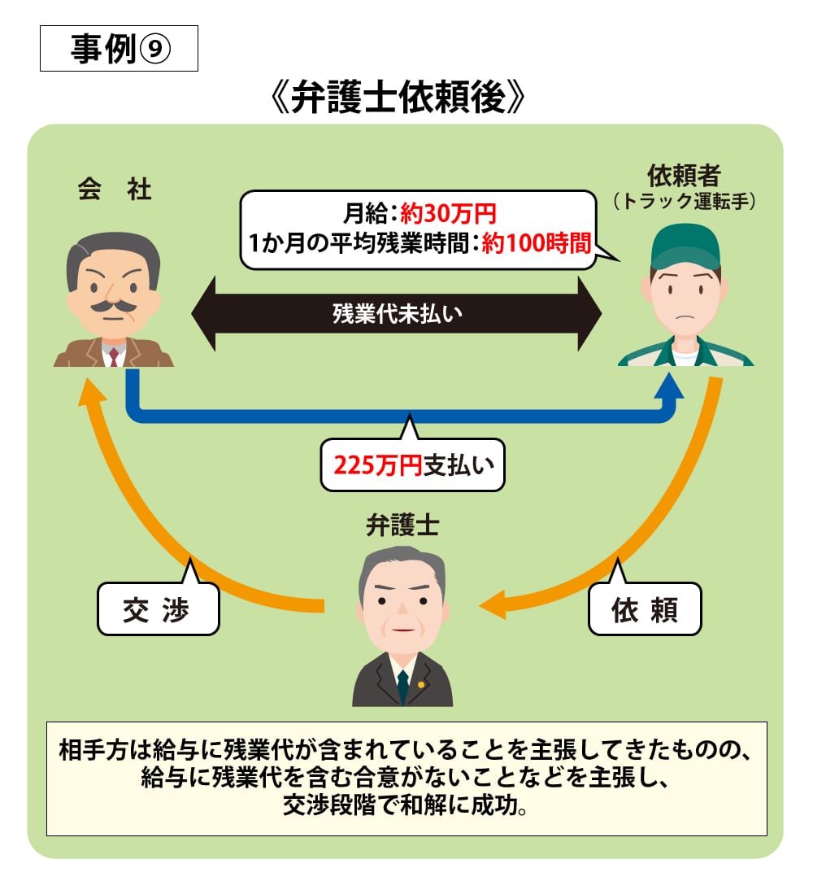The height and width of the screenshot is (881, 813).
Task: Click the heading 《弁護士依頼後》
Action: pyautogui.click(x=398, y=100)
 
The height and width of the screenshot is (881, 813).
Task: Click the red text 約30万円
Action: pyautogui.click(x=448, y=215)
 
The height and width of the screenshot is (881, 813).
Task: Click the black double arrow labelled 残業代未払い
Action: pyautogui.click(x=396, y=314)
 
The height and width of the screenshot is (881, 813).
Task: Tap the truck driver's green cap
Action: pyautogui.click(x=685, y=245)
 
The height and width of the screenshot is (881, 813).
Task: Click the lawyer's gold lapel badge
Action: pyautogui.click(x=420, y=684)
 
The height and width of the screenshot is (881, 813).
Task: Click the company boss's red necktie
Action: pyautogui.click(x=114, y=355)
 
